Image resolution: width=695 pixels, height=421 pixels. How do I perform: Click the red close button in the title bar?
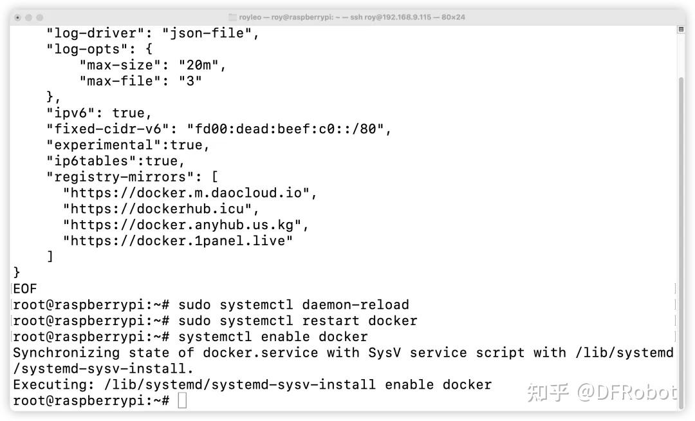(x=17, y=17)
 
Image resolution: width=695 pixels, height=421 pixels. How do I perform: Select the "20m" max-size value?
(x=202, y=65)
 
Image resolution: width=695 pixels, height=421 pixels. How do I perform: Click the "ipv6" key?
(x=71, y=113)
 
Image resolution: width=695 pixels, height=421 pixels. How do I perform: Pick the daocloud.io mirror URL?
(x=190, y=192)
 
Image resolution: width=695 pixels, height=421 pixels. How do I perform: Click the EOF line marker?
(x=25, y=289)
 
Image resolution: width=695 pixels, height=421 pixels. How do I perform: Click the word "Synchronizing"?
(x=66, y=353)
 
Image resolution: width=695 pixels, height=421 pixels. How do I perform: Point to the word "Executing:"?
(x=54, y=385)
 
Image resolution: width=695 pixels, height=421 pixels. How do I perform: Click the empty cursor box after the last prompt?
(x=182, y=401)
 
